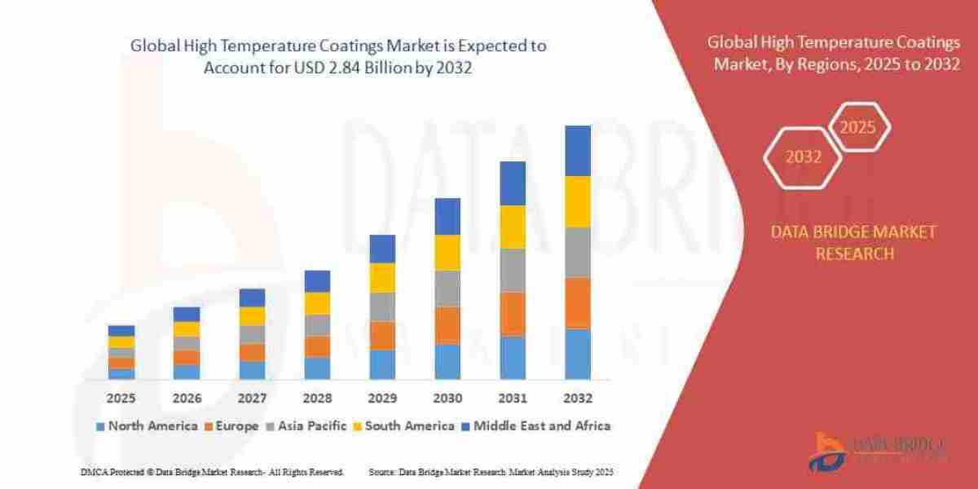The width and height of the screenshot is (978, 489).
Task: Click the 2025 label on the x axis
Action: coord(121,399)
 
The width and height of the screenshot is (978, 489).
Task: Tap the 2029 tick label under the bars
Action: coord(382,399)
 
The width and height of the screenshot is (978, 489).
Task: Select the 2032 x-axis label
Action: coord(577,399)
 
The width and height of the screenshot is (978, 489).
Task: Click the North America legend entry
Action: coord(147,425)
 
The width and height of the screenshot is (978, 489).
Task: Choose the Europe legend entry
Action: coord(237,425)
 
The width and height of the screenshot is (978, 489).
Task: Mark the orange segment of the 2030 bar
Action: coord(447,324)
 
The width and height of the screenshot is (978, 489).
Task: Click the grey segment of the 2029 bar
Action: coord(382,306)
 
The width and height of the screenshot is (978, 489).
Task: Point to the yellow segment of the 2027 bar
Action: coord(252,316)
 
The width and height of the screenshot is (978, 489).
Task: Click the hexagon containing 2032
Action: coord(803,157)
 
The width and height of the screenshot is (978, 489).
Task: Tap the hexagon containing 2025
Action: coord(857,127)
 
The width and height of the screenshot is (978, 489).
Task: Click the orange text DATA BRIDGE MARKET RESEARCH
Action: coord(853,243)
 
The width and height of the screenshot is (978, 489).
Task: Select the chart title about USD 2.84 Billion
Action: coord(338,57)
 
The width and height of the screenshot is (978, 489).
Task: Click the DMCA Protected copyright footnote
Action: coord(212,472)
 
